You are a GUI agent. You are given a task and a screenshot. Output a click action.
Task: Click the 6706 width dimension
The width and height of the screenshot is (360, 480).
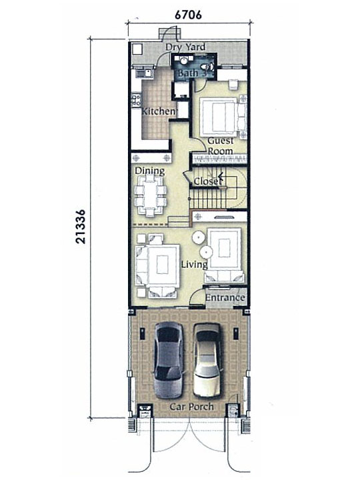(x=188, y=15)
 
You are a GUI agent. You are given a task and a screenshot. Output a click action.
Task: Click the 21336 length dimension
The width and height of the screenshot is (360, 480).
(x=81, y=227)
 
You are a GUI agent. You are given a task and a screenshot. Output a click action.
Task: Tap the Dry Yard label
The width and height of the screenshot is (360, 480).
(x=185, y=47)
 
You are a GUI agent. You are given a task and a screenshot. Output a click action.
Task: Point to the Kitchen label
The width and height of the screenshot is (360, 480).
(x=159, y=111)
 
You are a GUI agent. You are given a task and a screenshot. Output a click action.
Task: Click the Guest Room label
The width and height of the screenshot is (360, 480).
(x=221, y=146)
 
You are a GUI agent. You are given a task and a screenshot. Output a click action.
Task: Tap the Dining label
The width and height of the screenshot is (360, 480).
(x=150, y=171)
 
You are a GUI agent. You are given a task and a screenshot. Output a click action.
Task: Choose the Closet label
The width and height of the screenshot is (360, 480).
(x=207, y=181)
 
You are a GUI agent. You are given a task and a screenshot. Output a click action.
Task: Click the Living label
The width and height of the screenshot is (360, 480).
(x=195, y=265)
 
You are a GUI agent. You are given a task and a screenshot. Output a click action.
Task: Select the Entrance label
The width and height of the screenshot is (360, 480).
(x=225, y=297)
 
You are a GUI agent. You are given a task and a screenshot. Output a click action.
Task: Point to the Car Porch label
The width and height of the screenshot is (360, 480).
(x=191, y=407)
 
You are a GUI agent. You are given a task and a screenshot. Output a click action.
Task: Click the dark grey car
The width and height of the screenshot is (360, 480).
(x=169, y=360)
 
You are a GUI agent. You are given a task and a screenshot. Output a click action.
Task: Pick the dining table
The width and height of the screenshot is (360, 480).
(x=150, y=195)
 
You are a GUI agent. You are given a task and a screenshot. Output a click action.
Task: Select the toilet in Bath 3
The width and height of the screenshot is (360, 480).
(x=208, y=66)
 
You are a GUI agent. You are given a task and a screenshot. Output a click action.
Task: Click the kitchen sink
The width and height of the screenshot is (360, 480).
(x=144, y=73)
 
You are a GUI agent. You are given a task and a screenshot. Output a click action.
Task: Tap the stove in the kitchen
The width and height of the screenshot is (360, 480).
(x=136, y=100)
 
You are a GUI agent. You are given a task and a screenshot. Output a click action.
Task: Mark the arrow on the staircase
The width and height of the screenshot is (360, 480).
(x=221, y=176)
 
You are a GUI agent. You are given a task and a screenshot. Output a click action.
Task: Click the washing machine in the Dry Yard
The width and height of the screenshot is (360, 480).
(x=137, y=49)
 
